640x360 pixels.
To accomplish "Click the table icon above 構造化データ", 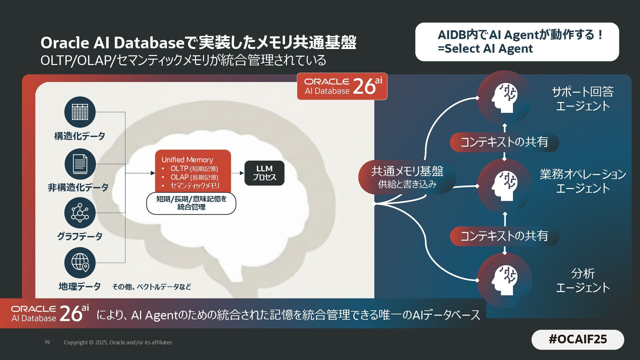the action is pyautogui.click(x=80, y=112).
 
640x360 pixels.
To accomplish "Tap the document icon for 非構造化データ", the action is pyautogui.click(x=80, y=164).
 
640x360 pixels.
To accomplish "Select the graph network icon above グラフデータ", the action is pyautogui.click(x=80, y=213).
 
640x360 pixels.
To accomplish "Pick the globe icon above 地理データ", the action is pyautogui.click(x=80, y=263).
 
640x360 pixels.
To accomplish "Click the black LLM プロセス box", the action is pyautogui.click(x=264, y=173).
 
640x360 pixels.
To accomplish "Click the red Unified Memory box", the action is pyautogui.click(x=193, y=171).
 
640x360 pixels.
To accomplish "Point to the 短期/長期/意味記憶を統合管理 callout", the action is pyautogui.click(x=191, y=203).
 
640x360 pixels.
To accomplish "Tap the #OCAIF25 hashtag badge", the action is pyautogui.click(x=578, y=339).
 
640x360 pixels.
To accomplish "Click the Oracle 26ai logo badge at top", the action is pyautogui.click(x=342, y=86).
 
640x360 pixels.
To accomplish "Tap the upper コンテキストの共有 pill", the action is pyautogui.click(x=504, y=142).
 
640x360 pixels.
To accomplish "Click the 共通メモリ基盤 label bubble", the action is pyautogui.click(x=407, y=177).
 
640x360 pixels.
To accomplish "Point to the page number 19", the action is pyautogui.click(x=47, y=342).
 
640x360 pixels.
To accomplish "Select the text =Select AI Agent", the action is pyautogui.click(x=485, y=49).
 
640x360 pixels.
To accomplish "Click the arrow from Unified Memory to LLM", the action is pyautogui.click(x=238, y=173).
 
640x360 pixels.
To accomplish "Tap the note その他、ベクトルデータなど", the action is pyautogui.click(x=152, y=287).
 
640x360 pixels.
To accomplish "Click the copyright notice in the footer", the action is pyautogui.click(x=118, y=342).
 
